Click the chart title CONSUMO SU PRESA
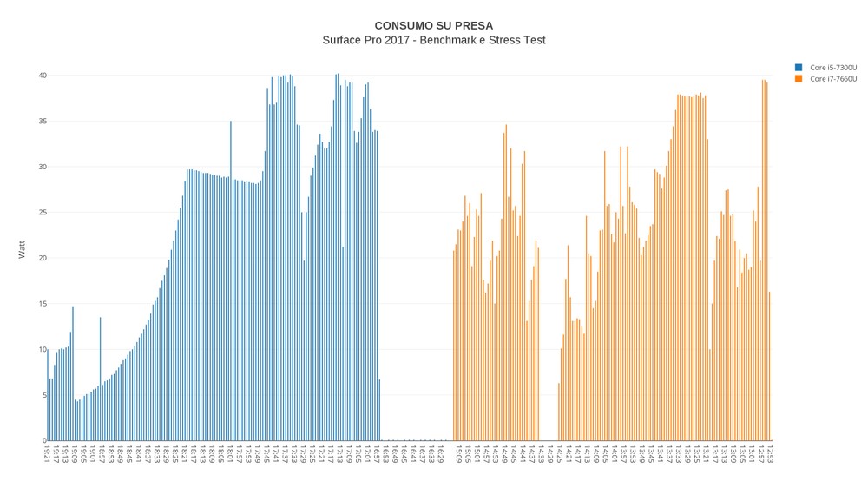(x=433, y=25)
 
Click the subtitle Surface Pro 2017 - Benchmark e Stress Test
(x=433, y=40)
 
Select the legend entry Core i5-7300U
(x=833, y=68)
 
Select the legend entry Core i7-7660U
(x=833, y=79)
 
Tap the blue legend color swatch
(x=799, y=68)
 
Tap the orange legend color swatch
(x=799, y=79)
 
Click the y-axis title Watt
(x=22, y=250)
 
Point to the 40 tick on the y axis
(x=40, y=76)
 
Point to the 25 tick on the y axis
(x=40, y=213)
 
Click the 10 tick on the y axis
(x=40, y=350)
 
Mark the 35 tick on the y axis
(x=40, y=121)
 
